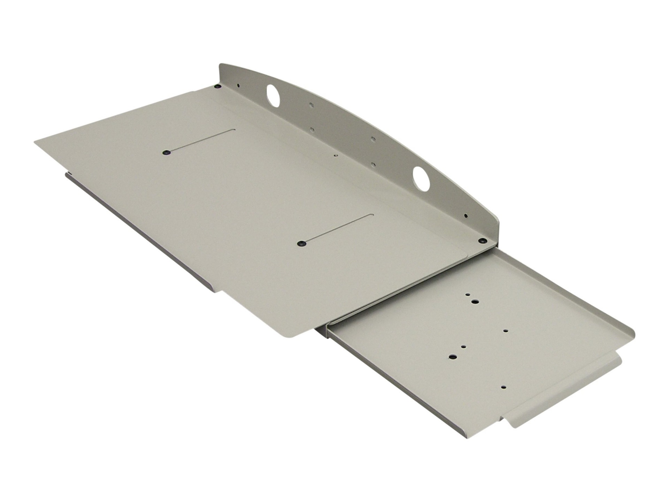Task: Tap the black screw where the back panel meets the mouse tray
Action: [x=483, y=240]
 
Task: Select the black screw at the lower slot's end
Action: [x=300, y=244]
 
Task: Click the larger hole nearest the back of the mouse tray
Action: [x=475, y=301]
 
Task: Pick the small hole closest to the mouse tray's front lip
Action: [x=503, y=387]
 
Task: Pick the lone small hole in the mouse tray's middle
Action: [x=506, y=331]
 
